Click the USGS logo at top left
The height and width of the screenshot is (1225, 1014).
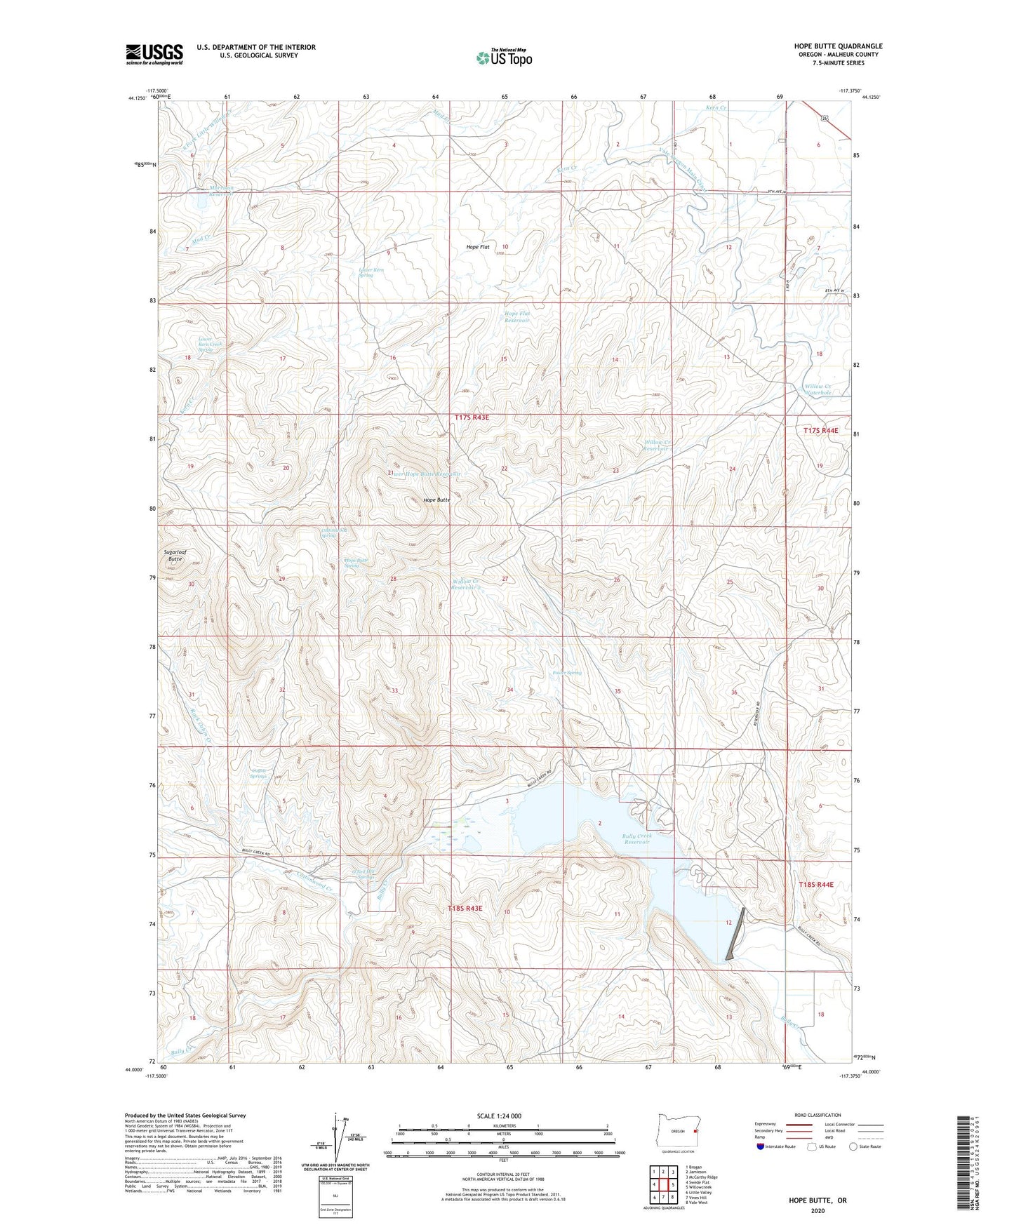click(154, 53)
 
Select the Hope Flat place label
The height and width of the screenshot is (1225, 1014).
click(478, 247)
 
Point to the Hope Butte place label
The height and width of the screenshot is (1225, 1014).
click(436, 500)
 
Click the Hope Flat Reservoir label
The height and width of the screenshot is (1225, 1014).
click(517, 316)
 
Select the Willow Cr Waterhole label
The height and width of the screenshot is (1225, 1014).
click(818, 389)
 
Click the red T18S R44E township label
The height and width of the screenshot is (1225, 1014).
click(816, 885)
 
